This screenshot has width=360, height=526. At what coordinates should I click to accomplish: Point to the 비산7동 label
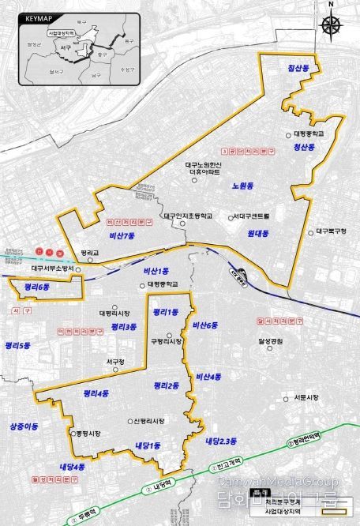coord(124,236)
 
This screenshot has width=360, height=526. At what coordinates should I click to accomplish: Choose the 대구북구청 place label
coord(325,231)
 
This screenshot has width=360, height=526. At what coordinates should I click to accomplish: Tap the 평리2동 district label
coord(166,385)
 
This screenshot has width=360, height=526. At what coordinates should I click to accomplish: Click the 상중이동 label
coord(24,426)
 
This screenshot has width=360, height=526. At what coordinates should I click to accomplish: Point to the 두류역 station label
coord(81,518)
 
